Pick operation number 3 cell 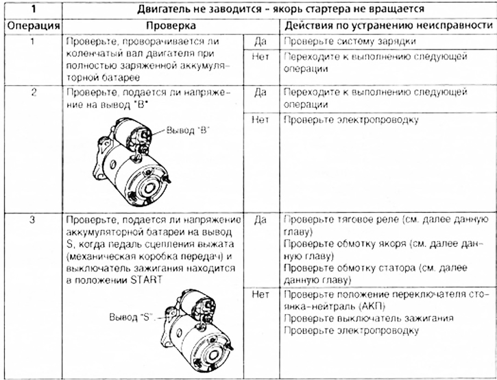32,220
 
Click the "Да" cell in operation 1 260,41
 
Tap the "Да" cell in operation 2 260,91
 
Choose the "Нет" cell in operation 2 260,119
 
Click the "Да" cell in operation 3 260,220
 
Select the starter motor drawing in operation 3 193,325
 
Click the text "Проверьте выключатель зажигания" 367,318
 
